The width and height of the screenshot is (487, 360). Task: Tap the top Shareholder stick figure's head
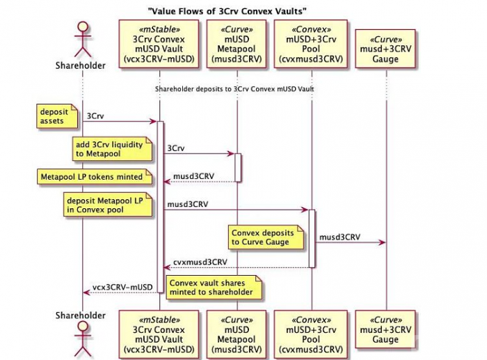click(x=82, y=29)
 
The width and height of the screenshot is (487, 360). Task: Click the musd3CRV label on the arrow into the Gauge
click(x=340, y=237)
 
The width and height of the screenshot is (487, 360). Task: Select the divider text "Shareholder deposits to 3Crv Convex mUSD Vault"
click(x=234, y=89)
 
